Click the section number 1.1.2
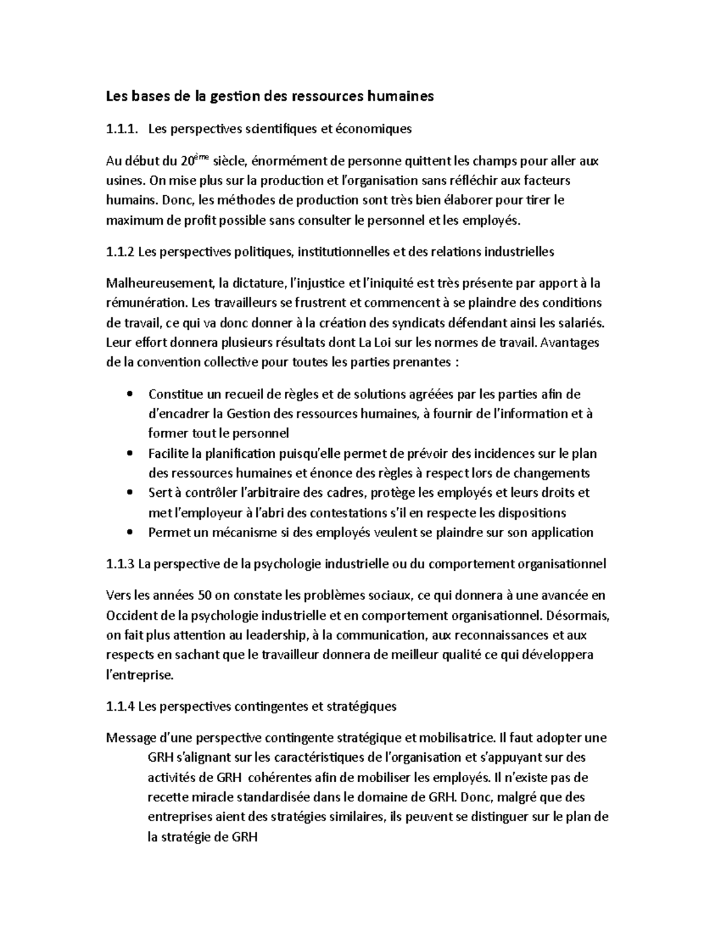120,252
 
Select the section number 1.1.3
120,564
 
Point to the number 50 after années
204,595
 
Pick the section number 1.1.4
120,707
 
